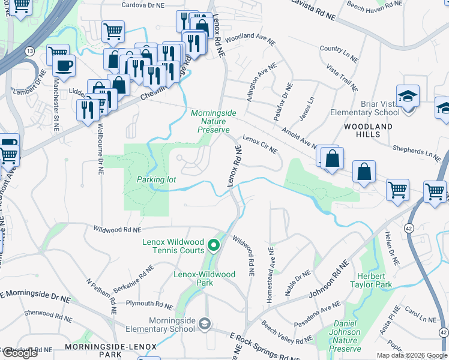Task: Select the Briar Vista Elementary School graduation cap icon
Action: (x=408, y=96)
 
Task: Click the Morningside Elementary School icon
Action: (x=205, y=324)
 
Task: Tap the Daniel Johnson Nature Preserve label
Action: (x=345, y=340)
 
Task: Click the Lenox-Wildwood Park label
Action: (x=205, y=278)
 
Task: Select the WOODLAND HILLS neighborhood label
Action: (x=368, y=130)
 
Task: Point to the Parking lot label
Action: (x=155, y=179)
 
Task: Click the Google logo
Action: (x=20, y=353)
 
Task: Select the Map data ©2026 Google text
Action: (x=412, y=355)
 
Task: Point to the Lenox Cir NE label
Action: (x=259, y=144)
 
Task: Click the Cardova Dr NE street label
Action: (x=143, y=5)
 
